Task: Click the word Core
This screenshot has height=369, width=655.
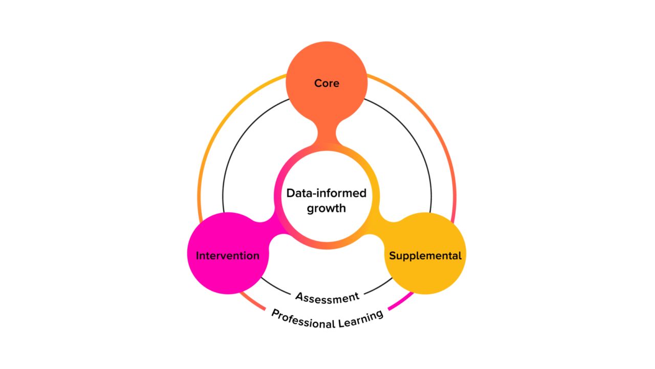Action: tap(326, 83)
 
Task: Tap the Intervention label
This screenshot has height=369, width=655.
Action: tap(227, 255)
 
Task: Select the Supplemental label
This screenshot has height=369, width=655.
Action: tap(425, 255)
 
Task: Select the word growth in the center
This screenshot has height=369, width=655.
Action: tap(326, 209)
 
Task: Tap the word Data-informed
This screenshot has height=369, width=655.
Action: tap(326, 193)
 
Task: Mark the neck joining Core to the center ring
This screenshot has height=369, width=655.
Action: tap(327, 134)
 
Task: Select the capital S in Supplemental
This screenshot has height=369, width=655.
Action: tap(392, 255)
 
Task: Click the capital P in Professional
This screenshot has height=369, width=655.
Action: tap(275, 313)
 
